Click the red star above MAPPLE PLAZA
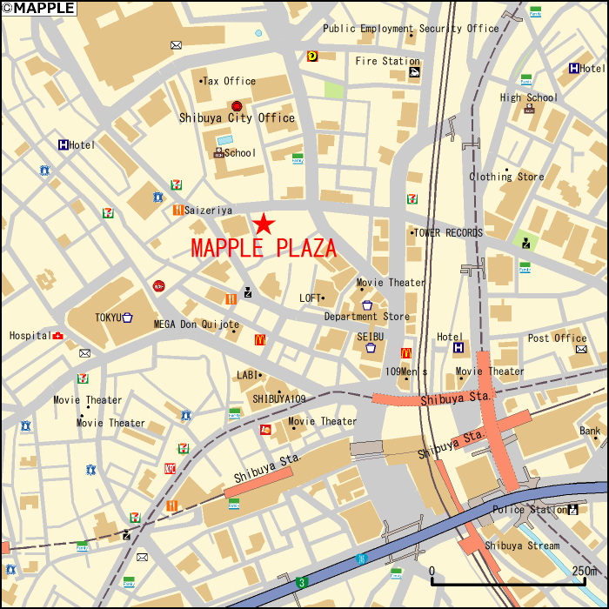(x=264, y=224)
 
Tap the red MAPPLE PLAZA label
(x=264, y=249)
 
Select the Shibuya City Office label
(x=237, y=118)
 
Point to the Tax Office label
(x=230, y=81)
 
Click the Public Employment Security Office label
(x=411, y=28)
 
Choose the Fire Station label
(x=387, y=61)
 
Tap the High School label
(x=529, y=97)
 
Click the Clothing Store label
(x=506, y=177)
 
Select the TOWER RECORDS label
(x=448, y=233)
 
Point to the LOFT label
(x=311, y=298)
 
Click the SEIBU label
(x=370, y=336)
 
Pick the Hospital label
(x=30, y=336)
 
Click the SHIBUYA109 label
(x=278, y=398)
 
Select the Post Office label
(x=557, y=338)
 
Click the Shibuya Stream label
(x=522, y=545)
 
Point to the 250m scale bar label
(x=585, y=571)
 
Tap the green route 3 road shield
(x=301, y=581)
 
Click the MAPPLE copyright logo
(x=38, y=8)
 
